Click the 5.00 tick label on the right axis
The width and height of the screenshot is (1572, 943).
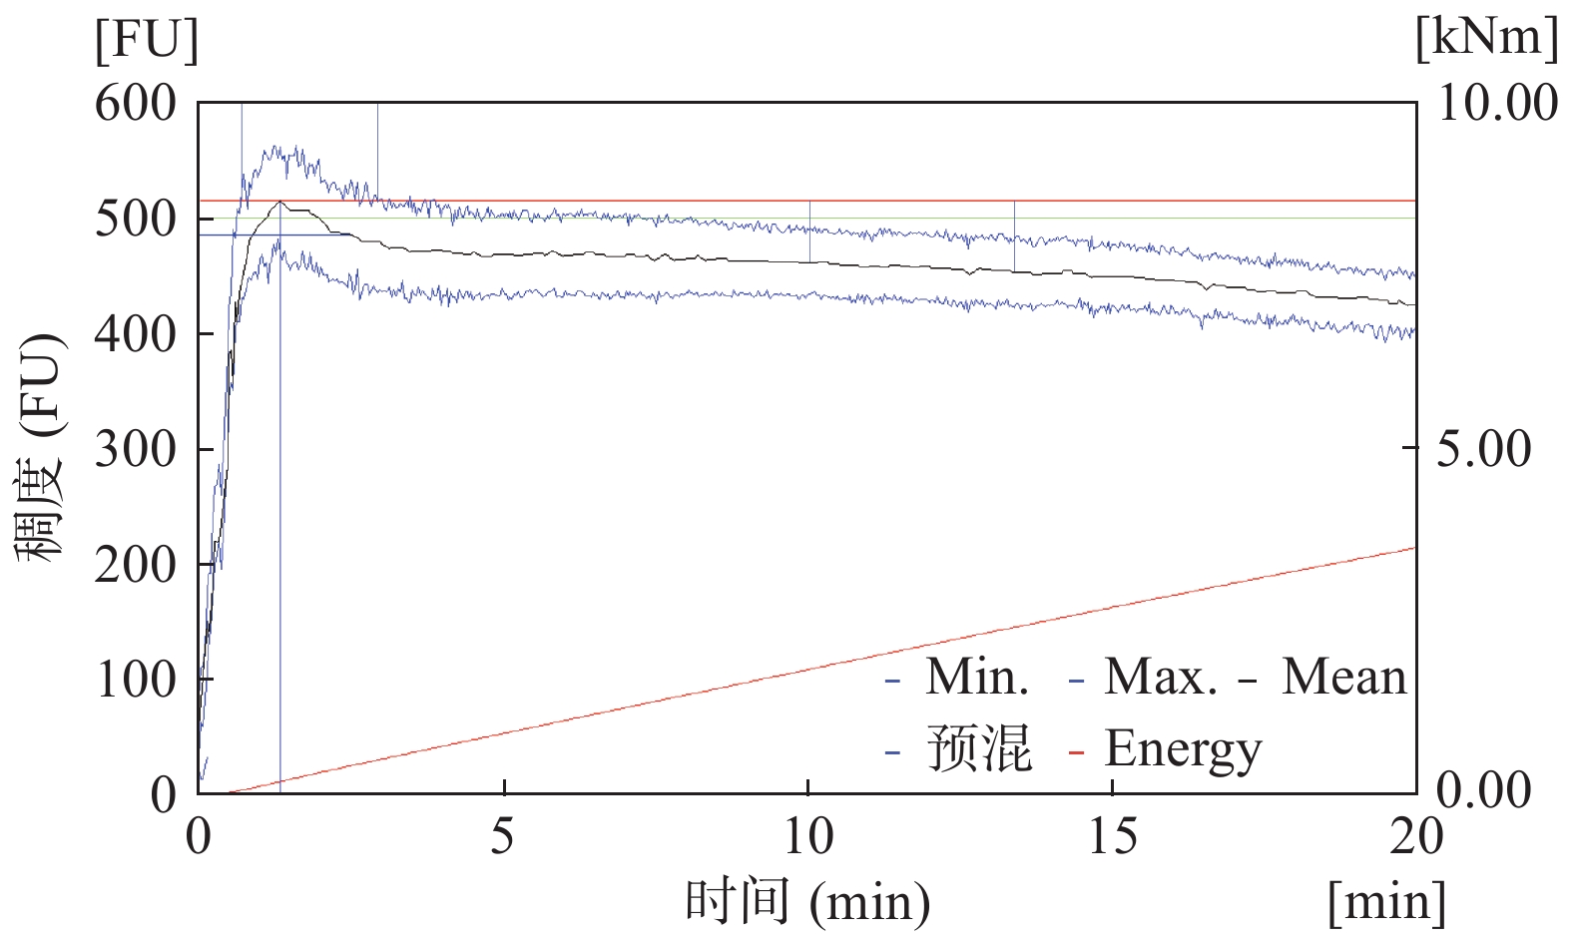click(x=1483, y=449)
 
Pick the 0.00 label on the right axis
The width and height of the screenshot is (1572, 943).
click(x=1483, y=790)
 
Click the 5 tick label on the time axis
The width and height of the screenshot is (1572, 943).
click(x=503, y=836)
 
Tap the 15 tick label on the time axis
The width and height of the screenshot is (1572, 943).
click(x=1112, y=836)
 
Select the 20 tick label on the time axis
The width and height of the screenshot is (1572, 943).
click(x=1415, y=836)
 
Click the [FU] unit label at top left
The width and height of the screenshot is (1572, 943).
click(x=147, y=42)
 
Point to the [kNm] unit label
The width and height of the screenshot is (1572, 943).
click(x=1486, y=38)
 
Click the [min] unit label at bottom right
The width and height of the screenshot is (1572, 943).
click(x=1386, y=902)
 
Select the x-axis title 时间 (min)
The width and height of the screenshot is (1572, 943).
click(x=806, y=902)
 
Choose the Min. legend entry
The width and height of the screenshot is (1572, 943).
click(x=976, y=678)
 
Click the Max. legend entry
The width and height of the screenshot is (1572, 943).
click(x=1160, y=678)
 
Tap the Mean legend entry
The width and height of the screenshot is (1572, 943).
click(x=1343, y=678)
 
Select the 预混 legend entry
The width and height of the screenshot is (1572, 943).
click(x=978, y=748)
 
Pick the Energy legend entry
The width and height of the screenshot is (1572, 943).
click(x=1183, y=748)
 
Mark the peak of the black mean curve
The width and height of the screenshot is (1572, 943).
click(x=281, y=203)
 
